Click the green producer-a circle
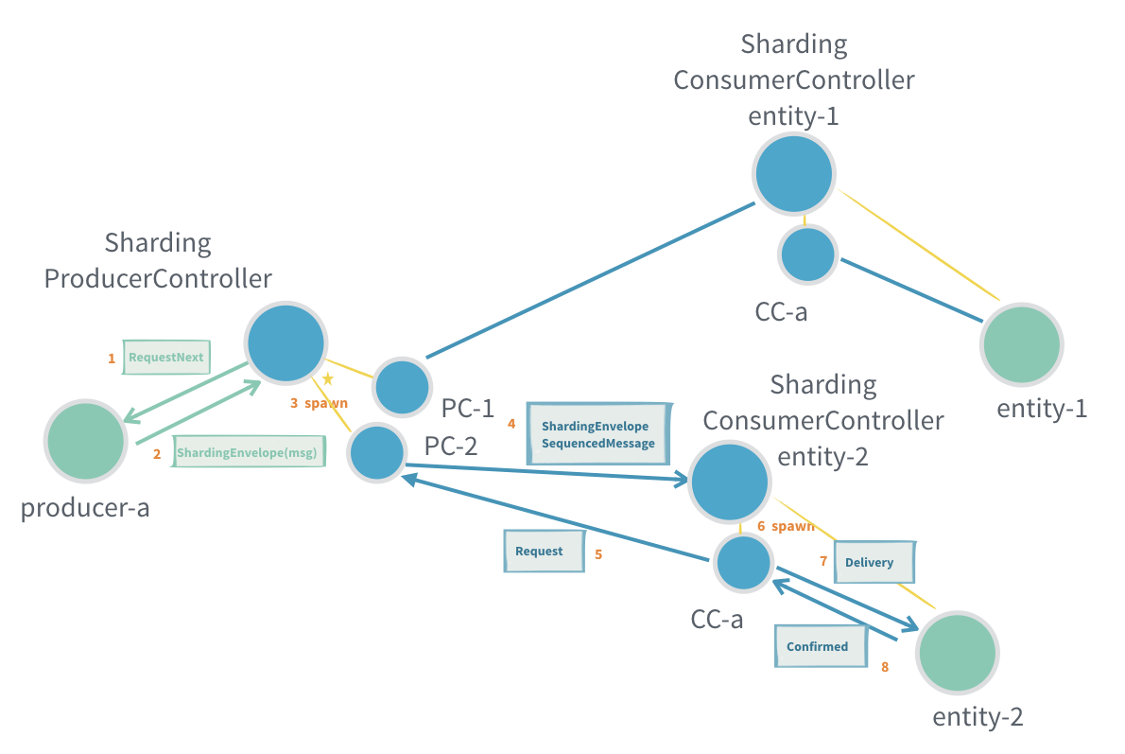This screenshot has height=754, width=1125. [x=86, y=441]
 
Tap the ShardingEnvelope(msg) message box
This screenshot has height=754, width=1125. [x=249, y=453]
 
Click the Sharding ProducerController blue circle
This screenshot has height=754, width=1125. [x=286, y=343]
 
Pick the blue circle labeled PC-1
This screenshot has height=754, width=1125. [x=403, y=387]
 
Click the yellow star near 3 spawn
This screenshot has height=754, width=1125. [x=328, y=378]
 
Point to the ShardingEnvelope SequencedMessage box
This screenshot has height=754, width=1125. [x=598, y=434]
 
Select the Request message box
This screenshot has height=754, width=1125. [x=540, y=552]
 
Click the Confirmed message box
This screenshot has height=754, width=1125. [x=820, y=647]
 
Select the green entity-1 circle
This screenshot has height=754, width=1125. [x=1022, y=343]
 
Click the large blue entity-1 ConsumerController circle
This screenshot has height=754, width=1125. [x=794, y=173]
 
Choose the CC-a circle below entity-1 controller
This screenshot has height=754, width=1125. [x=807, y=254]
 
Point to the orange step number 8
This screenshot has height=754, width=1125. [x=885, y=667]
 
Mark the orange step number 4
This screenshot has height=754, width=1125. [x=511, y=424]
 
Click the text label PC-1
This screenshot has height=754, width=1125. [x=468, y=408]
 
